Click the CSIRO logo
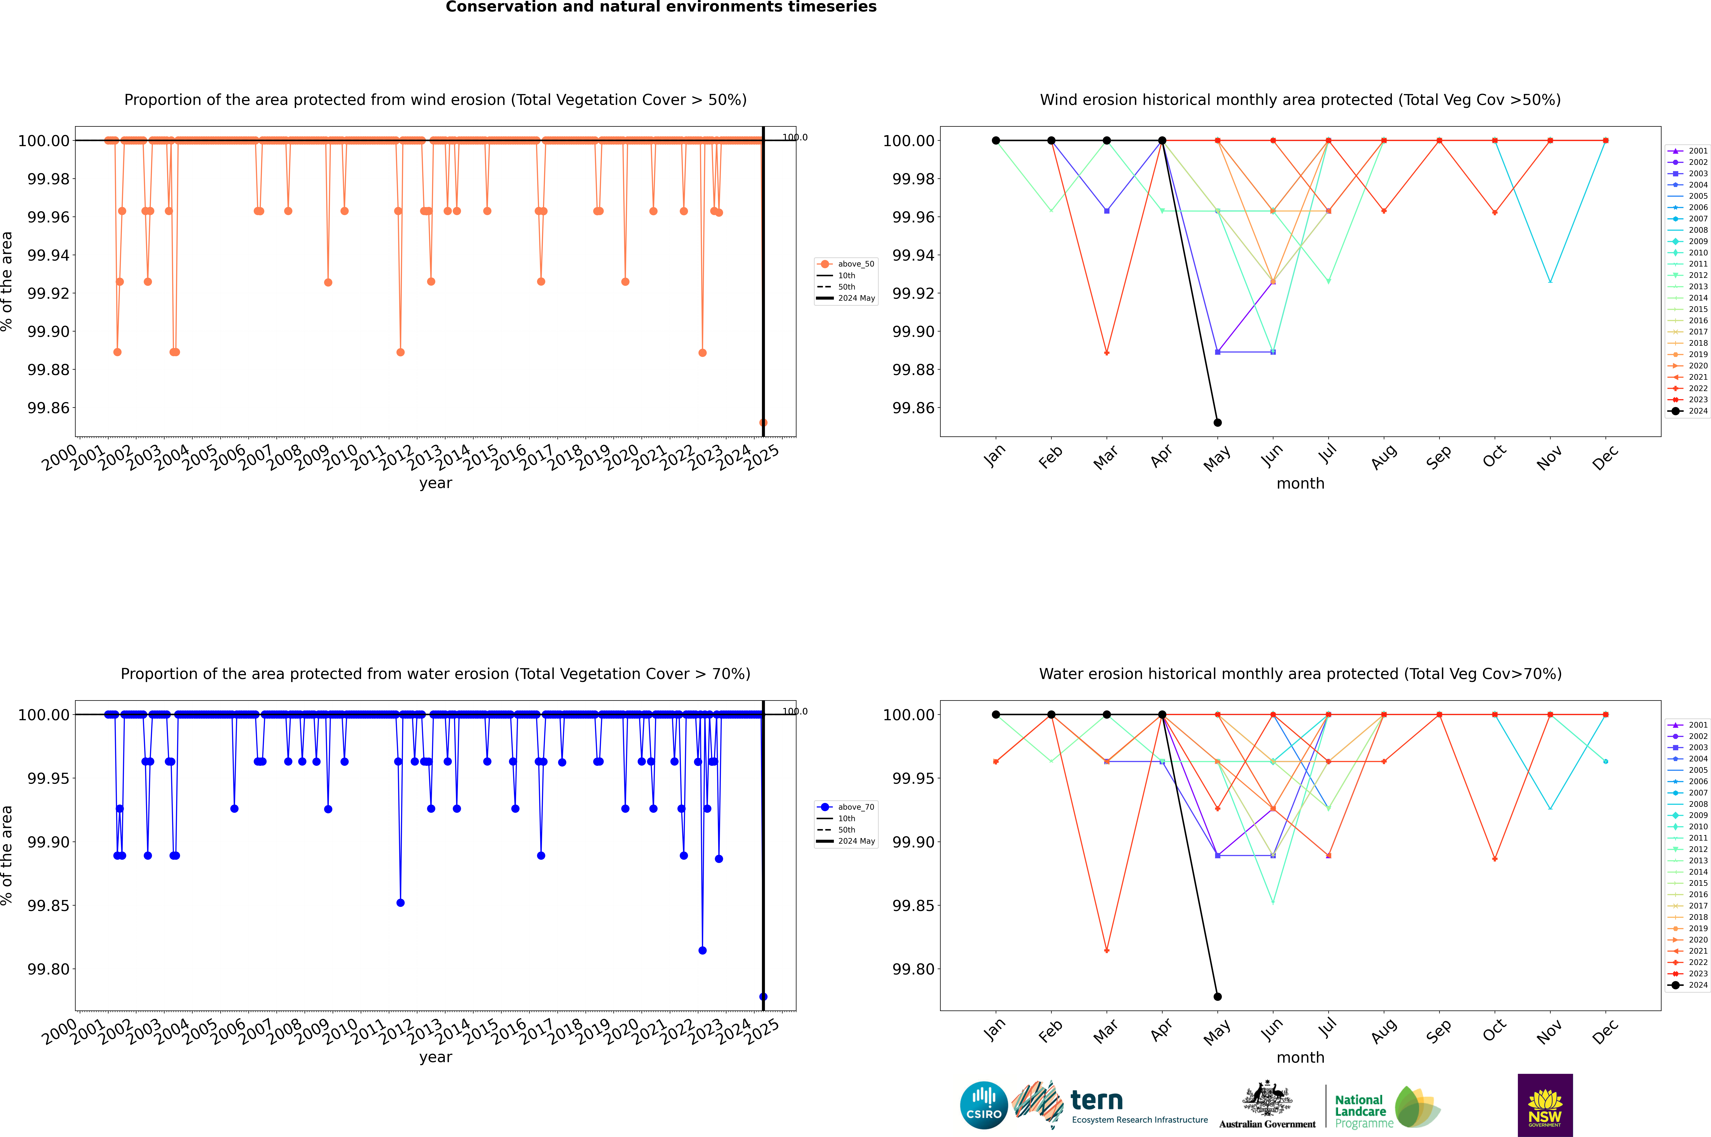point(983,1105)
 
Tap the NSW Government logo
point(1545,1105)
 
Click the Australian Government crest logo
point(1267,1105)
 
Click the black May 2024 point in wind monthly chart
point(1218,423)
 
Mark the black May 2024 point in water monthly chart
point(1218,997)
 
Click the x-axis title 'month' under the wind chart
point(1300,484)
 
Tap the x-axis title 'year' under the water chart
point(435,1057)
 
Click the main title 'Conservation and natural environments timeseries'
point(661,7)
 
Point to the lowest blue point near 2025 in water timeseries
point(763,997)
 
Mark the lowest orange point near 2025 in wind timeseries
point(763,423)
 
